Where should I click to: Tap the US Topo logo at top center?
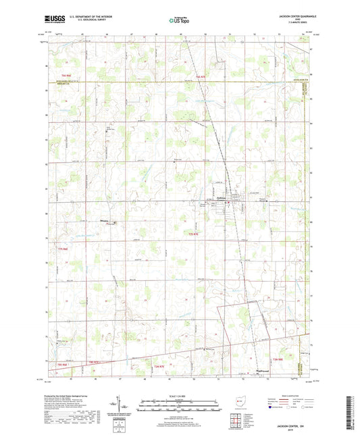click(178, 20)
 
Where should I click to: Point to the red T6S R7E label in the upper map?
click(201, 79)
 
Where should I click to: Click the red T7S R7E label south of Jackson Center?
click(192, 233)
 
